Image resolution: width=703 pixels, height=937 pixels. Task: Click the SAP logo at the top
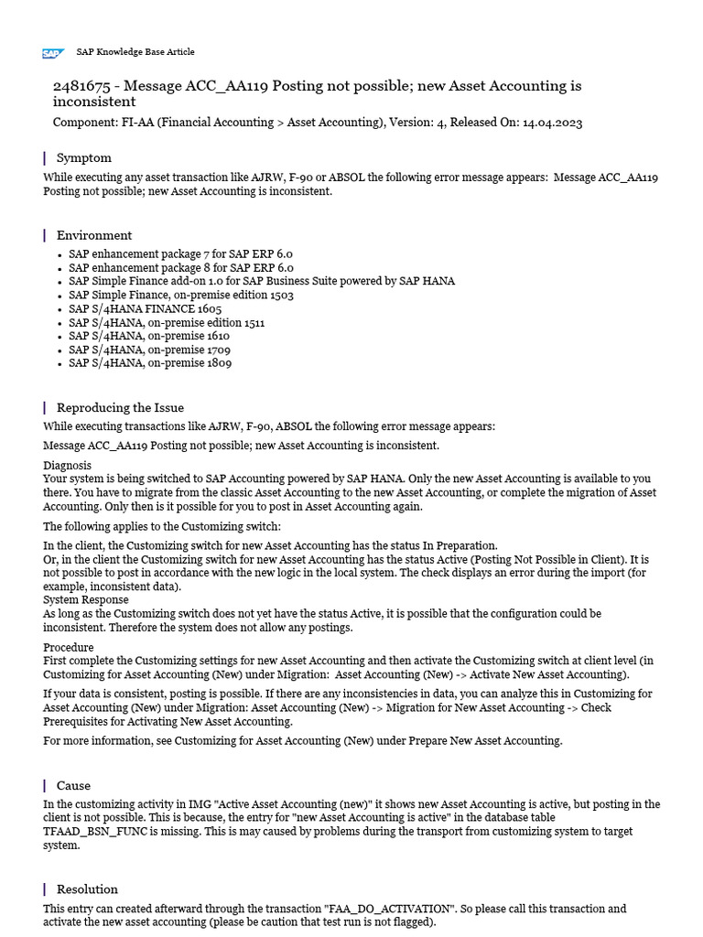click(x=52, y=53)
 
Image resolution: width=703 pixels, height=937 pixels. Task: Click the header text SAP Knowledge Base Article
click(x=135, y=52)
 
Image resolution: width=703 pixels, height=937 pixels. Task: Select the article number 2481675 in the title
click(x=84, y=86)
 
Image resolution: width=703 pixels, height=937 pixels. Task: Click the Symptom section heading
click(x=83, y=158)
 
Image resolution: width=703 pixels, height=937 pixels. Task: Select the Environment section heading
click(x=93, y=235)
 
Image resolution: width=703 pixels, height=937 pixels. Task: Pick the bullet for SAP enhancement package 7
click(x=180, y=253)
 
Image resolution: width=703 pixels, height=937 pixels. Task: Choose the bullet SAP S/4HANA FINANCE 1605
click(x=145, y=308)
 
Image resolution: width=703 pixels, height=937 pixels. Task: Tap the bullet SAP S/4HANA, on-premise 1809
click(x=150, y=363)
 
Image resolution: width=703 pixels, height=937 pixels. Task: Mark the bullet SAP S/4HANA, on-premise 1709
click(x=150, y=350)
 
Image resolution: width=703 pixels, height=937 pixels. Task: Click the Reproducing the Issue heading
click(x=120, y=408)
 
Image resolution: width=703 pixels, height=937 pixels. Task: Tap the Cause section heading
click(x=73, y=786)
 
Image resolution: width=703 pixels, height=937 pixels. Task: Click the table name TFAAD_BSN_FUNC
click(x=95, y=832)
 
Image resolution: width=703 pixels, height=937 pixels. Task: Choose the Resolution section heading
click(x=87, y=889)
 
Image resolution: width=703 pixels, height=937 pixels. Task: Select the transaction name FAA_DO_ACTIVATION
click(x=390, y=909)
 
